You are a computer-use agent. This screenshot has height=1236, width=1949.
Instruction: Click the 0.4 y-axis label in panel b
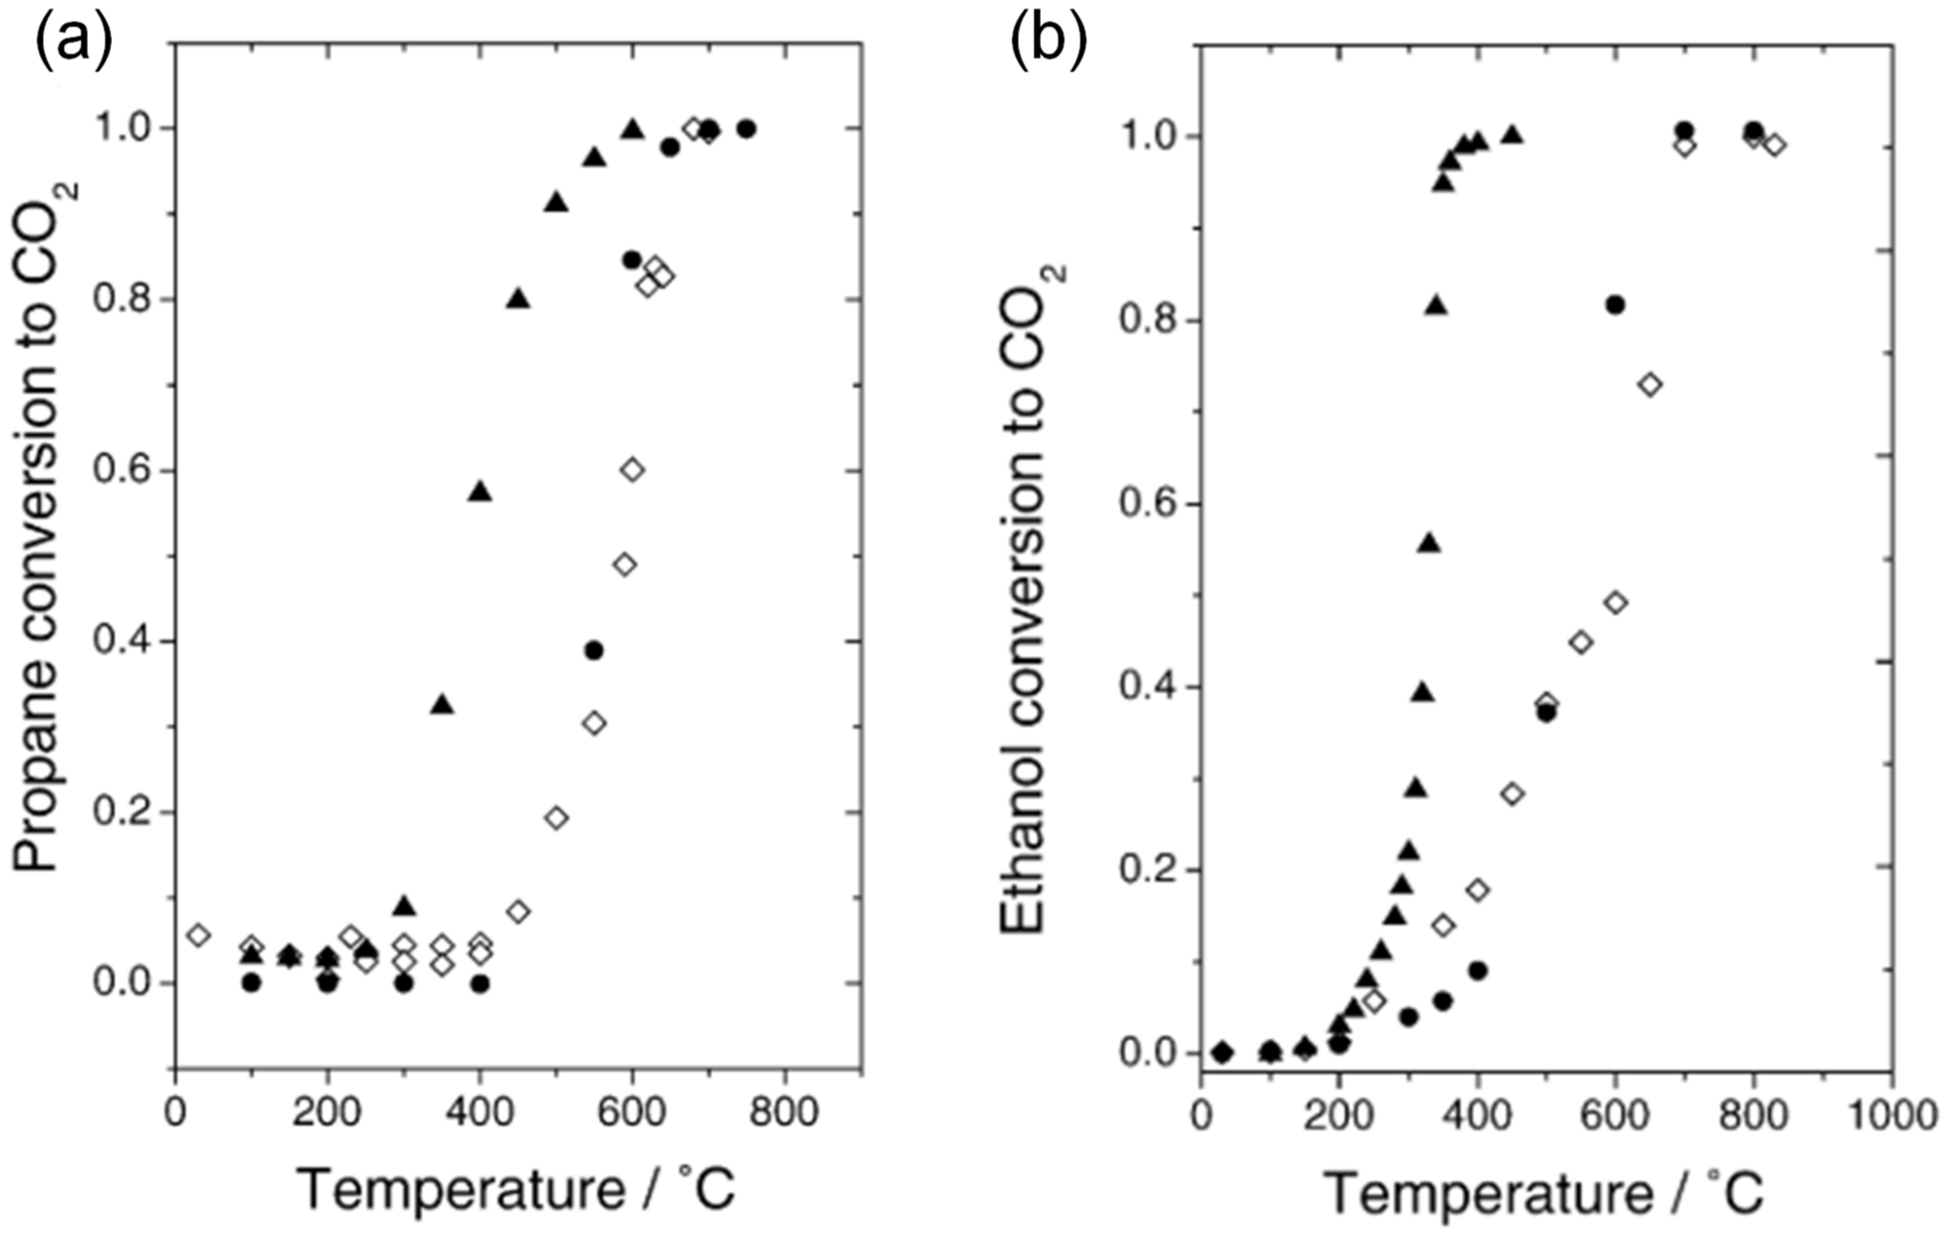click(1147, 687)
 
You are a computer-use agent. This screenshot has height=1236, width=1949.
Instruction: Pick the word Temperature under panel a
click(461, 1189)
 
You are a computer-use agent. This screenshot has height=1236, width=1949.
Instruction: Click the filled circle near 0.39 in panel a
click(595, 650)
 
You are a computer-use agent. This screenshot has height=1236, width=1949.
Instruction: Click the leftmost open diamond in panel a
click(198, 935)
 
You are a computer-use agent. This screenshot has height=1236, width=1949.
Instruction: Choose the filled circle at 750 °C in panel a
click(746, 128)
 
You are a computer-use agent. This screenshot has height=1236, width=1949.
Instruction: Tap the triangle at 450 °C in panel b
click(1511, 135)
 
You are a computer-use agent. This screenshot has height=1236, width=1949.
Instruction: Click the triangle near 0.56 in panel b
click(1430, 543)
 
